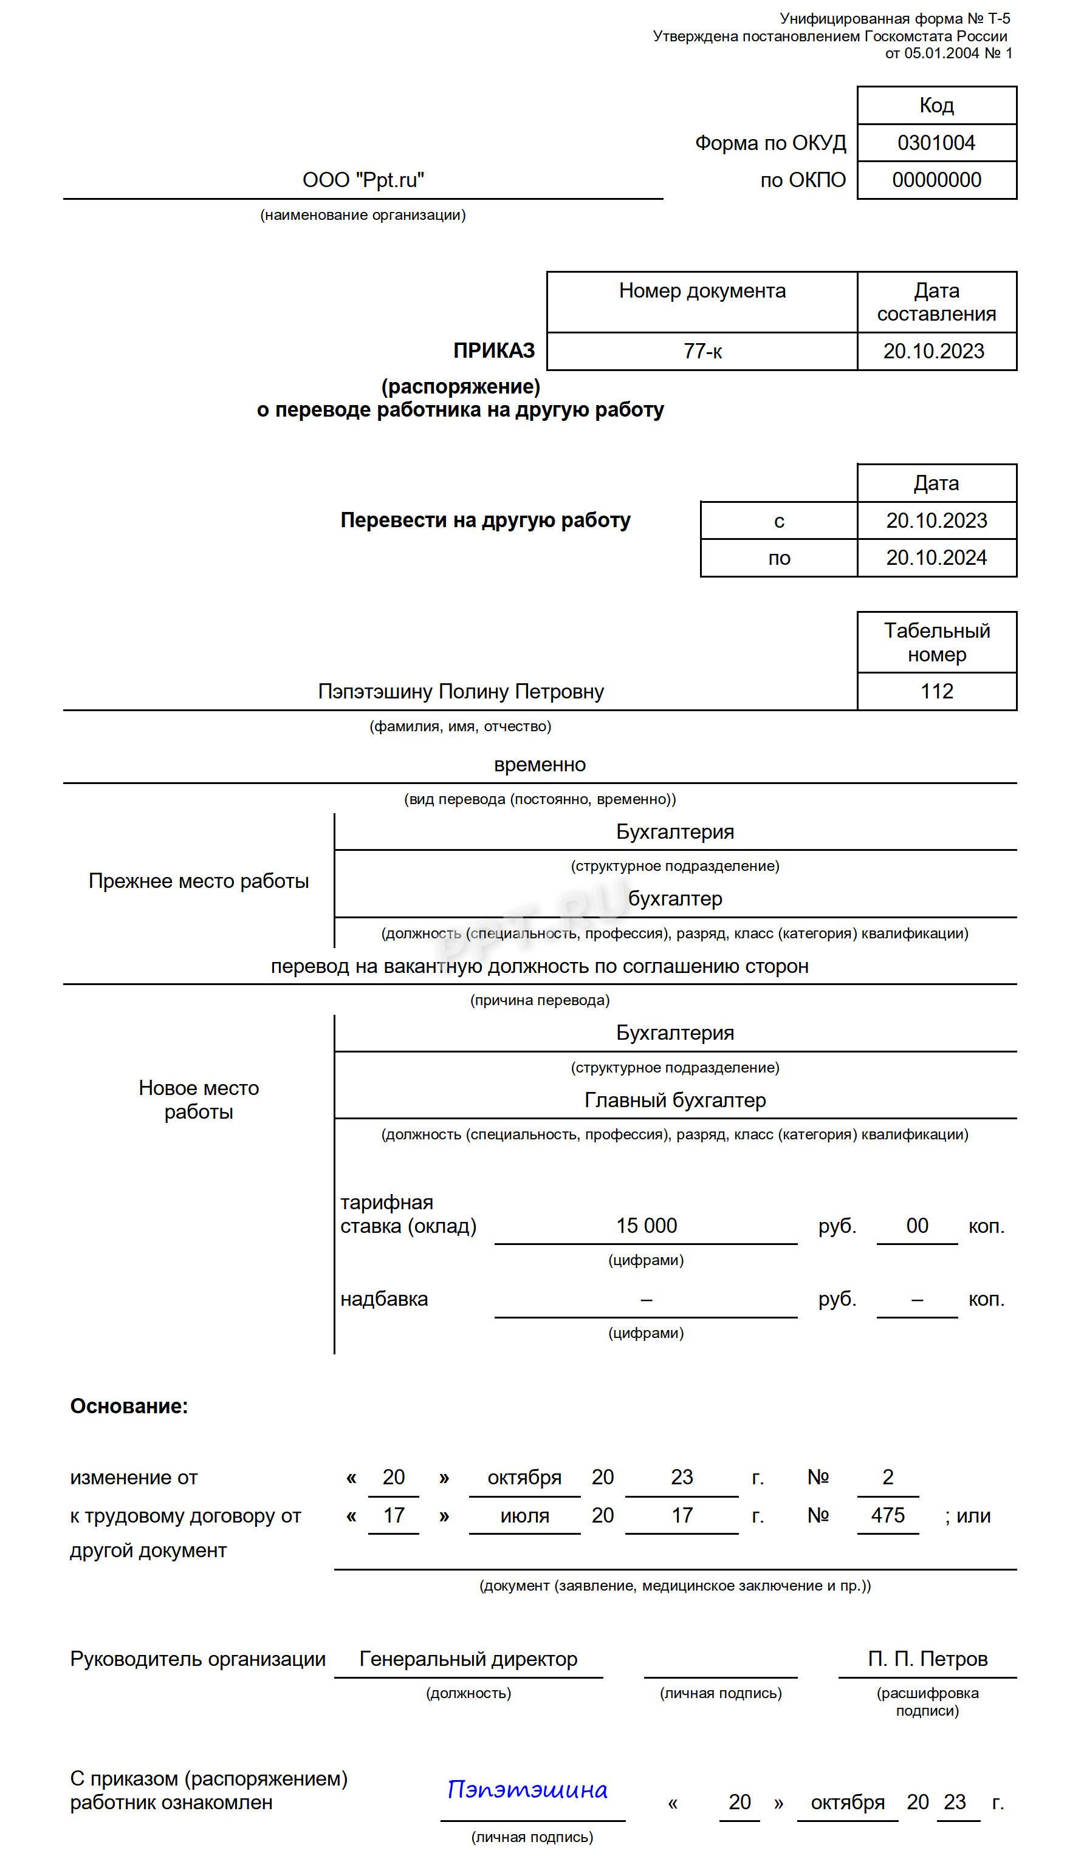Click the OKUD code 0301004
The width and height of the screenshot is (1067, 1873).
point(936,143)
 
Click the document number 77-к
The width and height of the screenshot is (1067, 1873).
point(702,352)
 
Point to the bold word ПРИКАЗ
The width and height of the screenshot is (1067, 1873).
point(494,351)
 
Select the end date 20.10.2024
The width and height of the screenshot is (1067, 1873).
point(936,558)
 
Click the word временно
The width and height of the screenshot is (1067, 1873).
point(540,765)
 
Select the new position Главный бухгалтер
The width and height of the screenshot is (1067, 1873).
point(675,1100)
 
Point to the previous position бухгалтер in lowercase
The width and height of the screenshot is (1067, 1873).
point(675,899)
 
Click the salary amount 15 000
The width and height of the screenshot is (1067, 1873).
point(647,1226)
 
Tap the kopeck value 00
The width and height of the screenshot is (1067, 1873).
point(917,1226)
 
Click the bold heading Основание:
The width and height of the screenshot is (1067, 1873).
point(129,1407)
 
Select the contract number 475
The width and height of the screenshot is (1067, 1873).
point(888,1515)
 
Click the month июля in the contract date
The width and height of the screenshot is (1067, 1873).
point(525,1515)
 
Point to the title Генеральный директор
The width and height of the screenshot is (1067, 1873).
point(468,1659)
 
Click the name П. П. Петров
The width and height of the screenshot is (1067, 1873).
point(927,1659)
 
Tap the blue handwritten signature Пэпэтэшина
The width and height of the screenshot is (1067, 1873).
point(527,1790)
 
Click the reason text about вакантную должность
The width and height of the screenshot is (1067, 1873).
point(540,967)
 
